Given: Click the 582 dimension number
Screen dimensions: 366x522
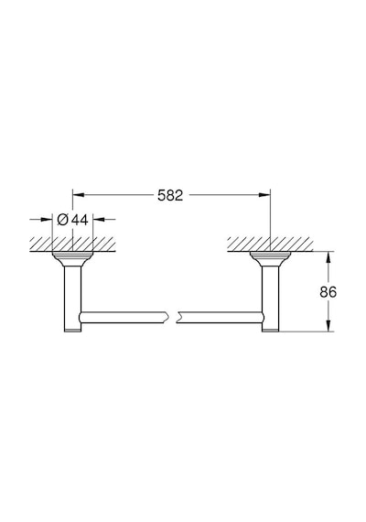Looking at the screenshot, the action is pos(170,195).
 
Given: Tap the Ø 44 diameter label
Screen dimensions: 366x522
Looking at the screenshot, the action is pos(72,220).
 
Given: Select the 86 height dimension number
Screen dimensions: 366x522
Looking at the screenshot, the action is pos(328,292).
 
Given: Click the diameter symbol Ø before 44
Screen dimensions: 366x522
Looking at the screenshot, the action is pos(63,220).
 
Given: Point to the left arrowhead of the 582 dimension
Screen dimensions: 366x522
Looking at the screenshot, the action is pos(78,195).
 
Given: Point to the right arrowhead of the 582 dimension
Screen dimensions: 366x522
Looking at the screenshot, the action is pos(264,195).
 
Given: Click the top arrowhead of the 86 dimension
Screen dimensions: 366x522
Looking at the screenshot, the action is pos(328,256).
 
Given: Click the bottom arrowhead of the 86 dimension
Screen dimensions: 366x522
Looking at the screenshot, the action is pos(328,326).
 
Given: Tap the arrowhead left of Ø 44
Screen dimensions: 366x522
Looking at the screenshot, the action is pos(47,220).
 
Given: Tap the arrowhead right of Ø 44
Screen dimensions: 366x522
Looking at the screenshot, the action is pos(99,220).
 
